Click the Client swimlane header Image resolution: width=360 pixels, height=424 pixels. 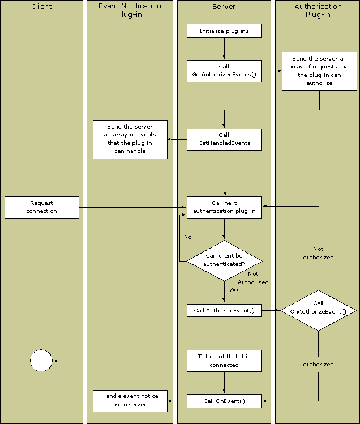[41, 7]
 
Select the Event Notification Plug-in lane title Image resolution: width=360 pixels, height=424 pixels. [130, 10]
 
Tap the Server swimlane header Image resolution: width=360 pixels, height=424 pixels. [224, 7]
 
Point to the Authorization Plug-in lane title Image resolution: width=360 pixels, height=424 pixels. [318, 10]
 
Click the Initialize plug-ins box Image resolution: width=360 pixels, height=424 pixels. [224, 31]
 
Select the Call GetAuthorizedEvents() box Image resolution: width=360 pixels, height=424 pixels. [224, 71]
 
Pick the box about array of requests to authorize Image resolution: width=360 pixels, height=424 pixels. [320, 71]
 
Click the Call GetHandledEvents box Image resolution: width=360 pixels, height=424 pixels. [224, 139]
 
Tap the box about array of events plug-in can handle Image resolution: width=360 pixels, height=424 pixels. [130, 139]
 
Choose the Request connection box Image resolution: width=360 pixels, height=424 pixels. [41, 207]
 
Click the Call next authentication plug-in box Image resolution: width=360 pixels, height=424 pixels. [224, 207]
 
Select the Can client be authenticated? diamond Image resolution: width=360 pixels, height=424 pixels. [224, 260]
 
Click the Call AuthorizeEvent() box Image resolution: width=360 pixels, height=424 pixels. [224, 310]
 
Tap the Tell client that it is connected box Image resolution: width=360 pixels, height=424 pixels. [224, 361]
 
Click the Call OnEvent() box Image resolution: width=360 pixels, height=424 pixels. [224, 401]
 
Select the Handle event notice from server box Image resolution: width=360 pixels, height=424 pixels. [130, 400]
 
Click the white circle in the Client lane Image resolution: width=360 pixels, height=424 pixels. [41, 360]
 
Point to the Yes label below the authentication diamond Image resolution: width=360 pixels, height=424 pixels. [233, 290]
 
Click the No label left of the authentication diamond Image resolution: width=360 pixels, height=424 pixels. [188, 237]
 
